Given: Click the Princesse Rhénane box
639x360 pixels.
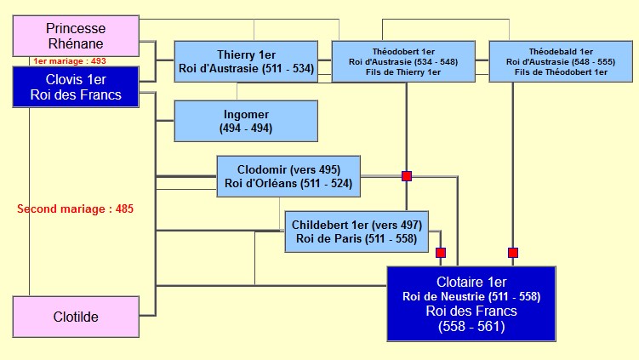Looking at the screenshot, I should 75,36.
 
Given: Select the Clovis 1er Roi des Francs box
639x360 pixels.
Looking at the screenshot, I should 75,86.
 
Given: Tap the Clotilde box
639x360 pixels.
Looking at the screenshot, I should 75,317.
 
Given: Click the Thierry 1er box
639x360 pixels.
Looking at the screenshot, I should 246,61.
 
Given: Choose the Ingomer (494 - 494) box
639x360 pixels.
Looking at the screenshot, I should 246,121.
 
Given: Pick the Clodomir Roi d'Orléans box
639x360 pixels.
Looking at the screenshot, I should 289,176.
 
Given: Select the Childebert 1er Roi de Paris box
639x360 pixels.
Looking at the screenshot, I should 357,231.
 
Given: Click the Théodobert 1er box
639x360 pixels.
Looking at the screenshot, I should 403,61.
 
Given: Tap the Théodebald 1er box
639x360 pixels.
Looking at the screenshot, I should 556,61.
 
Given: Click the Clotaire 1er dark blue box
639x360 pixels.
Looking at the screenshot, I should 471,304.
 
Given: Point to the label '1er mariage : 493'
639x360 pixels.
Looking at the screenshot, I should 69,61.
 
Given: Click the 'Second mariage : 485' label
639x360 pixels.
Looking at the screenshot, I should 76,209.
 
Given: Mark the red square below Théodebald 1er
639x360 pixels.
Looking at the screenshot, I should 513,253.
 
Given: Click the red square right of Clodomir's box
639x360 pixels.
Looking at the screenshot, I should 407,176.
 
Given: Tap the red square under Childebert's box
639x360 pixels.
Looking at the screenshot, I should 441,253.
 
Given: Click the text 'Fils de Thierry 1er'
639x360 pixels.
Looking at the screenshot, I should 403,72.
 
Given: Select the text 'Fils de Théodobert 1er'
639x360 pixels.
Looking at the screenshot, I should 556,72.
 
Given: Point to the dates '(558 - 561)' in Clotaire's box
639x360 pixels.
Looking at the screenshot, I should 471,326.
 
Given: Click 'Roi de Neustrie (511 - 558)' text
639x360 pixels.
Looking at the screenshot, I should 471,296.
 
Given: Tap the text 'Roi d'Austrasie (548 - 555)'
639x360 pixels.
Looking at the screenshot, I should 556,61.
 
